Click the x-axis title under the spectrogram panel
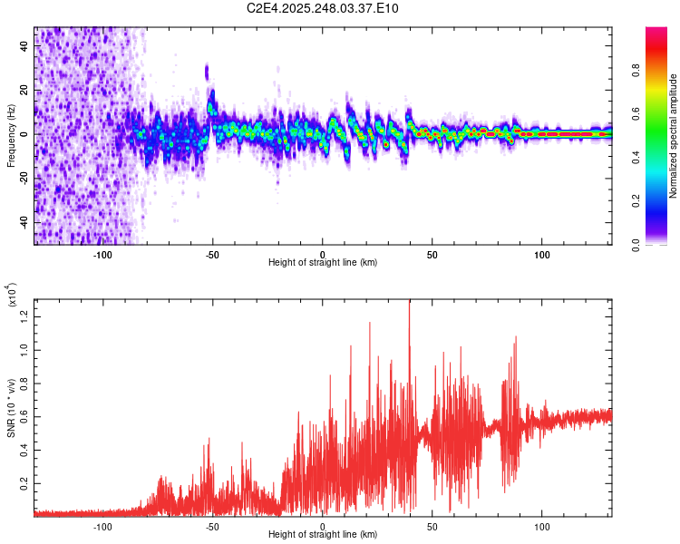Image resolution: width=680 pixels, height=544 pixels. click(323, 262)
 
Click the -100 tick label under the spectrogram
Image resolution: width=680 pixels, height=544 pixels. click(102, 253)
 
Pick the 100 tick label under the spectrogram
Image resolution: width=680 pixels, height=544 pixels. click(542, 253)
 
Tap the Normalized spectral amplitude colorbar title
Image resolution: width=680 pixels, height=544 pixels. click(674, 136)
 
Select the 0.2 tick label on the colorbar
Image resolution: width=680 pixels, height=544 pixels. click(660, 201)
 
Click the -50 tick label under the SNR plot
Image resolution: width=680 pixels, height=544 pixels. click(212, 526)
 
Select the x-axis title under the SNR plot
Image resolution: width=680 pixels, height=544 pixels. click(323, 535)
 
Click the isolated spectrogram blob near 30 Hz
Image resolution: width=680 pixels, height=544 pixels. click(207, 72)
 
